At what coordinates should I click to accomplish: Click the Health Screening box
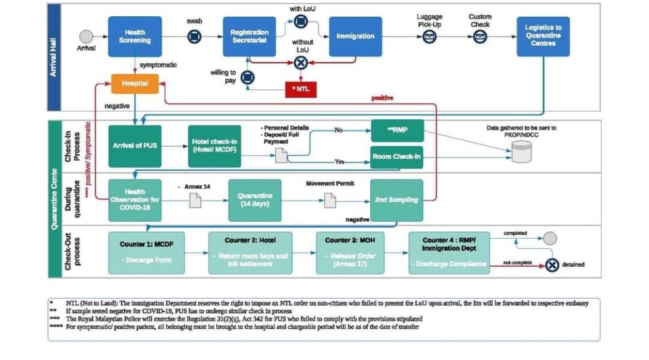134,36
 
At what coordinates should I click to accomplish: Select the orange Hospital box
134,83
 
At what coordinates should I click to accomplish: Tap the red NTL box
300,89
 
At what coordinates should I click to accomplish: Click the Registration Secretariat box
249,36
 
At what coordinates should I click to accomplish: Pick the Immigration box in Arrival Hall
355,36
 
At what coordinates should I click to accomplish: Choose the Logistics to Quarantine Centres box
543,36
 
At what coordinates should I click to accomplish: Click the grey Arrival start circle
86,36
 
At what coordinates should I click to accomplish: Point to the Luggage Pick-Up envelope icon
430,37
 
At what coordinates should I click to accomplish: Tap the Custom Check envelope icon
480,37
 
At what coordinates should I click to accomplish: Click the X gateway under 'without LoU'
300,62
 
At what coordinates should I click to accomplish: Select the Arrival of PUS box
134,146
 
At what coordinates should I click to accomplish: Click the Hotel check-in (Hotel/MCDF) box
214,146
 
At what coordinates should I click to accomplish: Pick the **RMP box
396,131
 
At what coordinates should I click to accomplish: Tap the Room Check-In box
396,157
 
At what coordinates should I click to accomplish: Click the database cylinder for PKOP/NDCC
521,151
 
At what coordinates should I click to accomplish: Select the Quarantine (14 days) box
254,199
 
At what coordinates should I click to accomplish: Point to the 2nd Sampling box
396,199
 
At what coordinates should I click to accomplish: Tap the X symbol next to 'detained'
551,265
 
